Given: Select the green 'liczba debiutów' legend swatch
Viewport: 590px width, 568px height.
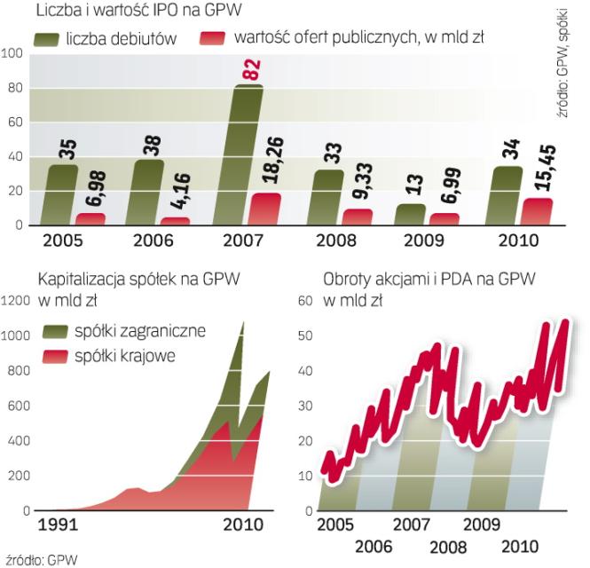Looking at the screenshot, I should click(x=58, y=39).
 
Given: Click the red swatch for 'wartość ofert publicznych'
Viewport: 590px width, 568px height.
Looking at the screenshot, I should click(x=211, y=39).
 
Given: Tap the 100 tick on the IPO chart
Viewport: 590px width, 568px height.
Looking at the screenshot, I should click(x=12, y=53).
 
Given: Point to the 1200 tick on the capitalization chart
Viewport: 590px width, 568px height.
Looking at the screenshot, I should click(x=16, y=301).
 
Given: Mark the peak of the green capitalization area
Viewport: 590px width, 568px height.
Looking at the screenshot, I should click(x=242, y=323).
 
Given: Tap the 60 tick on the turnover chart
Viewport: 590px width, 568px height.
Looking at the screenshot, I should click(x=304, y=301).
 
